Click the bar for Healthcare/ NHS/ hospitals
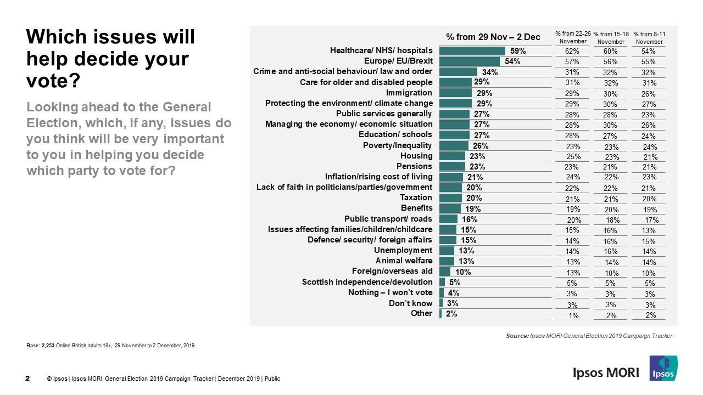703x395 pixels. pyautogui.click(x=472, y=51)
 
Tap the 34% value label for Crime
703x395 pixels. pyautogui.click(x=489, y=72)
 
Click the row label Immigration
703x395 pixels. pyautogui.click(x=409, y=93)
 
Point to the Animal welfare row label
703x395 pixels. pyautogui.click(x=404, y=261)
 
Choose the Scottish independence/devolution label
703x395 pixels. pyautogui.click(x=367, y=282)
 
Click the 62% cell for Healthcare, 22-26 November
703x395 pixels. pyautogui.click(x=571, y=51)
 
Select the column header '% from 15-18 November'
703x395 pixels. pyautogui.click(x=611, y=38)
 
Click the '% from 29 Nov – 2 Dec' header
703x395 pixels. pyautogui.click(x=493, y=37)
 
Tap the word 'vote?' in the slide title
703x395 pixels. pyautogui.click(x=53, y=81)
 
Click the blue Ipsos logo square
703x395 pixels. pyautogui.click(x=663, y=368)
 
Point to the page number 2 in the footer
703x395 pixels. pyautogui.click(x=28, y=378)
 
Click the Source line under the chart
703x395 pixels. pyautogui.click(x=589, y=336)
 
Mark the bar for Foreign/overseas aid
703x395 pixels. pyautogui.click(x=444, y=271)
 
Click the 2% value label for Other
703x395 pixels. pyautogui.click(x=451, y=314)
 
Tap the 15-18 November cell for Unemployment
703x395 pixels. pyautogui.click(x=611, y=251)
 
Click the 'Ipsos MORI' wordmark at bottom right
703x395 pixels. pyautogui.click(x=606, y=373)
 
